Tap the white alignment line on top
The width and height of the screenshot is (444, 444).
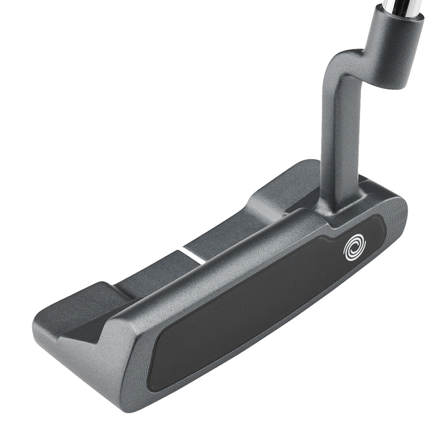tap(191, 256)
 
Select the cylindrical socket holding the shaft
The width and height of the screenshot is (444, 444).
tap(393, 49)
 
